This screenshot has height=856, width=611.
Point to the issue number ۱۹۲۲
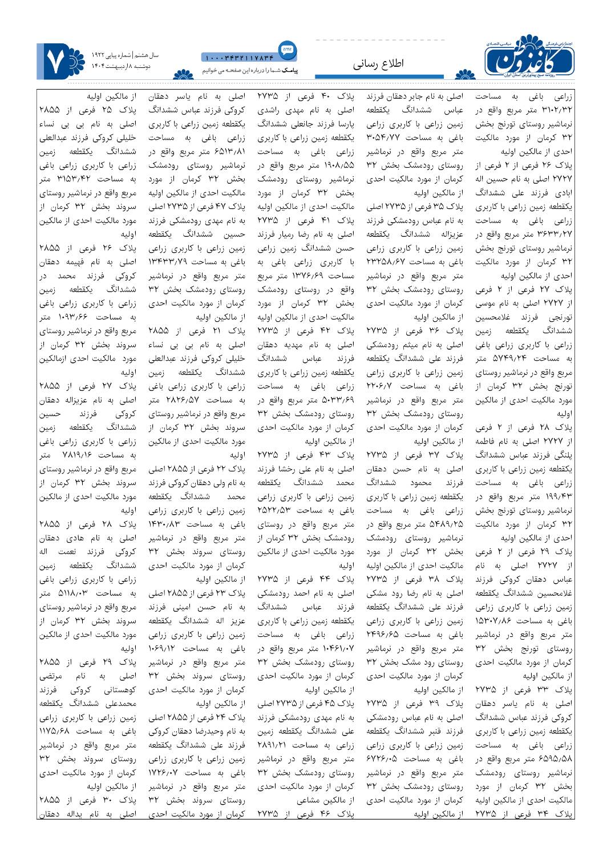(102, 55)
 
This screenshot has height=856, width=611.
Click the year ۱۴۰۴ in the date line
(99, 67)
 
